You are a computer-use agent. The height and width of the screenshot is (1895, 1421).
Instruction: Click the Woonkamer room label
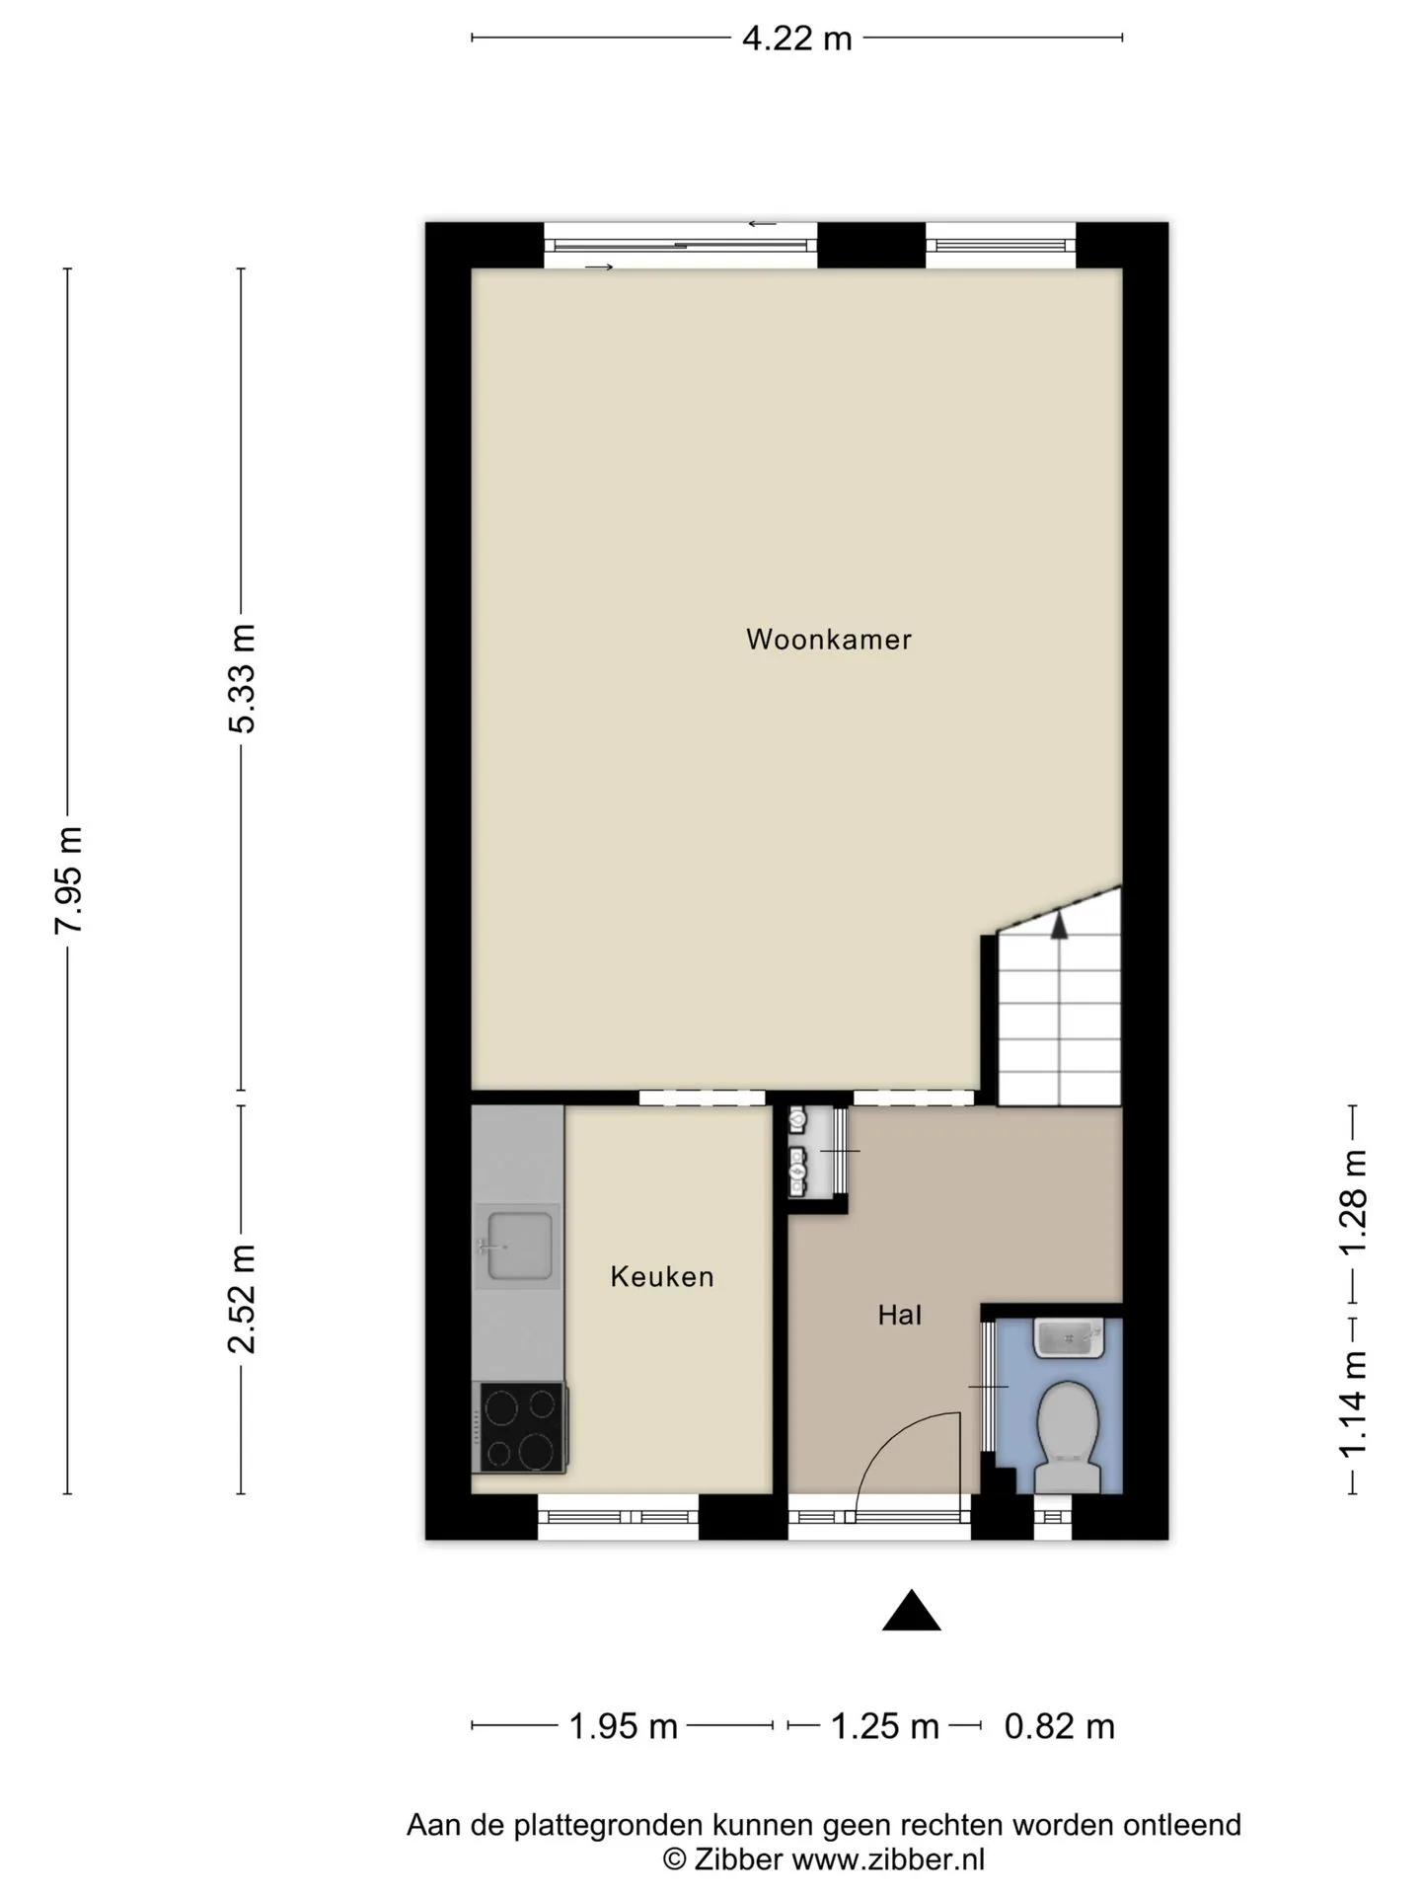pyautogui.click(x=828, y=640)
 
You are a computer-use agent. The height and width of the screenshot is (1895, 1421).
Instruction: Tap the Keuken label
pyautogui.click(x=662, y=1276)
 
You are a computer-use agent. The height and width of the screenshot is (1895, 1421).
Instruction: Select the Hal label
pyautogui.click(x=900, y=1315)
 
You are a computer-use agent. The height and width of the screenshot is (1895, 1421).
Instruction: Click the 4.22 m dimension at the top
pyautogui.click(x=797, y=38)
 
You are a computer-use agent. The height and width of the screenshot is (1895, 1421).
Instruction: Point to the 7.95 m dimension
pyautogui.click(x=69, y=879)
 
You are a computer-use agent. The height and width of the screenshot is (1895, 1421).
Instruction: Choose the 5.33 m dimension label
pyautogui.click(x=242, y=678)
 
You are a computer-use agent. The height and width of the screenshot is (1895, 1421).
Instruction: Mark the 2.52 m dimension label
pyautogui.click(x=242, y=1299)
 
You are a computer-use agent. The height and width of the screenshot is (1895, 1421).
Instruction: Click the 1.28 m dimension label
pyautogui.click(x=1352, y=1203)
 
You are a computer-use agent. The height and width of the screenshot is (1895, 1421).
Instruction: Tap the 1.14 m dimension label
pyautogui.click(x=1352, y=1404)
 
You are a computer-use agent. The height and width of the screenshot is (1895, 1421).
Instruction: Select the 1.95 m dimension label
pyautogui.click(x=624, y=1726)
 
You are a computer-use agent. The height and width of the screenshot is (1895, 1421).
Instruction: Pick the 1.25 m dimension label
pyautogui.click(x=885, y=1726)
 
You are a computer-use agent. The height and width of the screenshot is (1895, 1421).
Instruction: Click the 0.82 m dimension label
pyautogui.click(x=1060, y=1726)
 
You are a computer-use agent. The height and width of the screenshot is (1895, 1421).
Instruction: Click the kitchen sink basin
pyautogui.click(x=519, y=1246)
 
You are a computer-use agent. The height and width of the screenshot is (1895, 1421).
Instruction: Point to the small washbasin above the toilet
pyautogui.click(x=1070, y=1338)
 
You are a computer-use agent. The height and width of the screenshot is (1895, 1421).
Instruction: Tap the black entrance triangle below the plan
pyautogui.click(x=911, y=1610)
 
